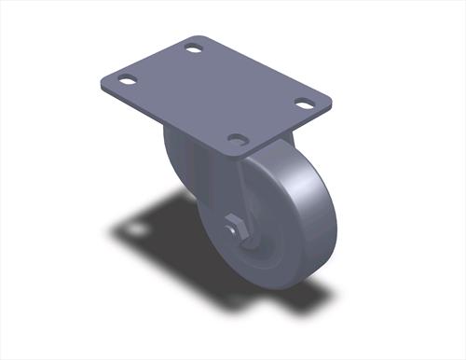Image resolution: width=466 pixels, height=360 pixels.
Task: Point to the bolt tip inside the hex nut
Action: coord(232,227)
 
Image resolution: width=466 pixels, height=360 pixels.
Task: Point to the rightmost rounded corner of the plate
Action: coord(328,99)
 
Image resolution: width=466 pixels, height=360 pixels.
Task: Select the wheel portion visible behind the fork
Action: coord(177,159)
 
